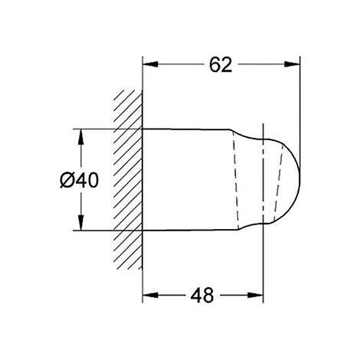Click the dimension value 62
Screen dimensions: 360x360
tap(220, 66)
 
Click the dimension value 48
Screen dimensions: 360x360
tap(202, 294)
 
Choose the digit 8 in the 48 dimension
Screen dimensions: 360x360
tap(209, 294)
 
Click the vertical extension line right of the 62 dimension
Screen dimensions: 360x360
tap(299, 107)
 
